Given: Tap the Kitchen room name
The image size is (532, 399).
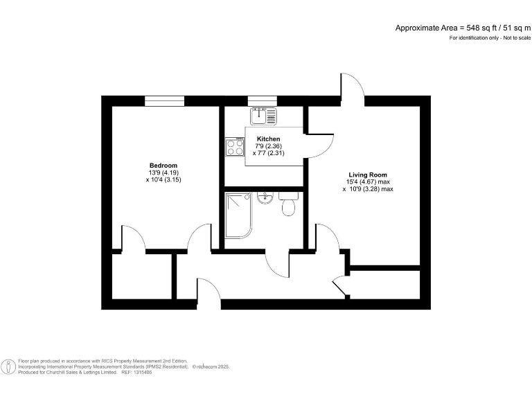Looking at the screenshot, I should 268,139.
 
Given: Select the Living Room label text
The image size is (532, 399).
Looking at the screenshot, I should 367,175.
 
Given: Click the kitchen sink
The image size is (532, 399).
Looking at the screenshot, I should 263,114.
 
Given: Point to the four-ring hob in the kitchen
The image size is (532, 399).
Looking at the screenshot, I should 235,147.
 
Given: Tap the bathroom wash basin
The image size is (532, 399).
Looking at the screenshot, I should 265,199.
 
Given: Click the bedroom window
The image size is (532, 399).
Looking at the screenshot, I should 165,101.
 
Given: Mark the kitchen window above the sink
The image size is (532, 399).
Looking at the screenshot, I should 263,101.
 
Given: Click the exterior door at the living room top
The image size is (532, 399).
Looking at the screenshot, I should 352,89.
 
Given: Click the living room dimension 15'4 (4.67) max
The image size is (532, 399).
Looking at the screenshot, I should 369,182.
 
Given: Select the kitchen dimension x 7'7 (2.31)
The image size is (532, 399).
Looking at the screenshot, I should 269,153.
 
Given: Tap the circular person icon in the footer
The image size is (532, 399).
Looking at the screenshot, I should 8,366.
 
